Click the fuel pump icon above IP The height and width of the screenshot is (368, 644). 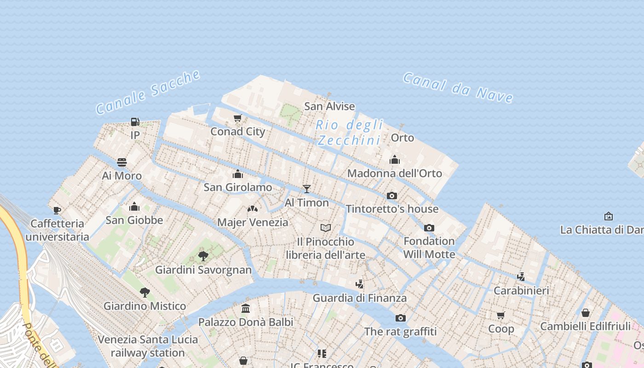click(x=135, y=122)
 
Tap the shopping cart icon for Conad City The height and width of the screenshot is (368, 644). click(x=237, y=118)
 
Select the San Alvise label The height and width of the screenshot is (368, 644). click(x=329, y=106)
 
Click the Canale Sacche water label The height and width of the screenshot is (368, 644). click(x=148, y=92)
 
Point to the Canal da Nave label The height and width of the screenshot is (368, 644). click(x=458, y=87)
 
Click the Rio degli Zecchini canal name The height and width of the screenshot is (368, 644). click(x=350, y=132)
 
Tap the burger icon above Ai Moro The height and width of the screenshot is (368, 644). click(x=122, y=162)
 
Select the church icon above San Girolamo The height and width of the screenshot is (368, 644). click(x=238, y=174)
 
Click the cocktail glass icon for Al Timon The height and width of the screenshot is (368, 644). click(x=307, y=189)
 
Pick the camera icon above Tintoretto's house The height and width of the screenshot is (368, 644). click(x=392, y=195)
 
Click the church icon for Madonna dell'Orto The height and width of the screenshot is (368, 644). click(x=394, y=160)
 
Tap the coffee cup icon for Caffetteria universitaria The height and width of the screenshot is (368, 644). click(x=57, y=210)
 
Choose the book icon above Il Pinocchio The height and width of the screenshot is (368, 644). click(x=326, y=228)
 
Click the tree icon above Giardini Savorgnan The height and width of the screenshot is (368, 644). click(x=203, y=256)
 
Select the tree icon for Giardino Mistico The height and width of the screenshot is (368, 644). click(x=144, y=292)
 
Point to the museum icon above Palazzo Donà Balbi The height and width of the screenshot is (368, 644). click(x=246, y=308)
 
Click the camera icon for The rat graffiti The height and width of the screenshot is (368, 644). click(x=400, y=318)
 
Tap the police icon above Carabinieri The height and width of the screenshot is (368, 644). click(x=521, y=276)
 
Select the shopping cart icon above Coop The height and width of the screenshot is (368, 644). click(x=500, y=315)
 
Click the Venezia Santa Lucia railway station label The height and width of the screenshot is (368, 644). click(x=148, y=346)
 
